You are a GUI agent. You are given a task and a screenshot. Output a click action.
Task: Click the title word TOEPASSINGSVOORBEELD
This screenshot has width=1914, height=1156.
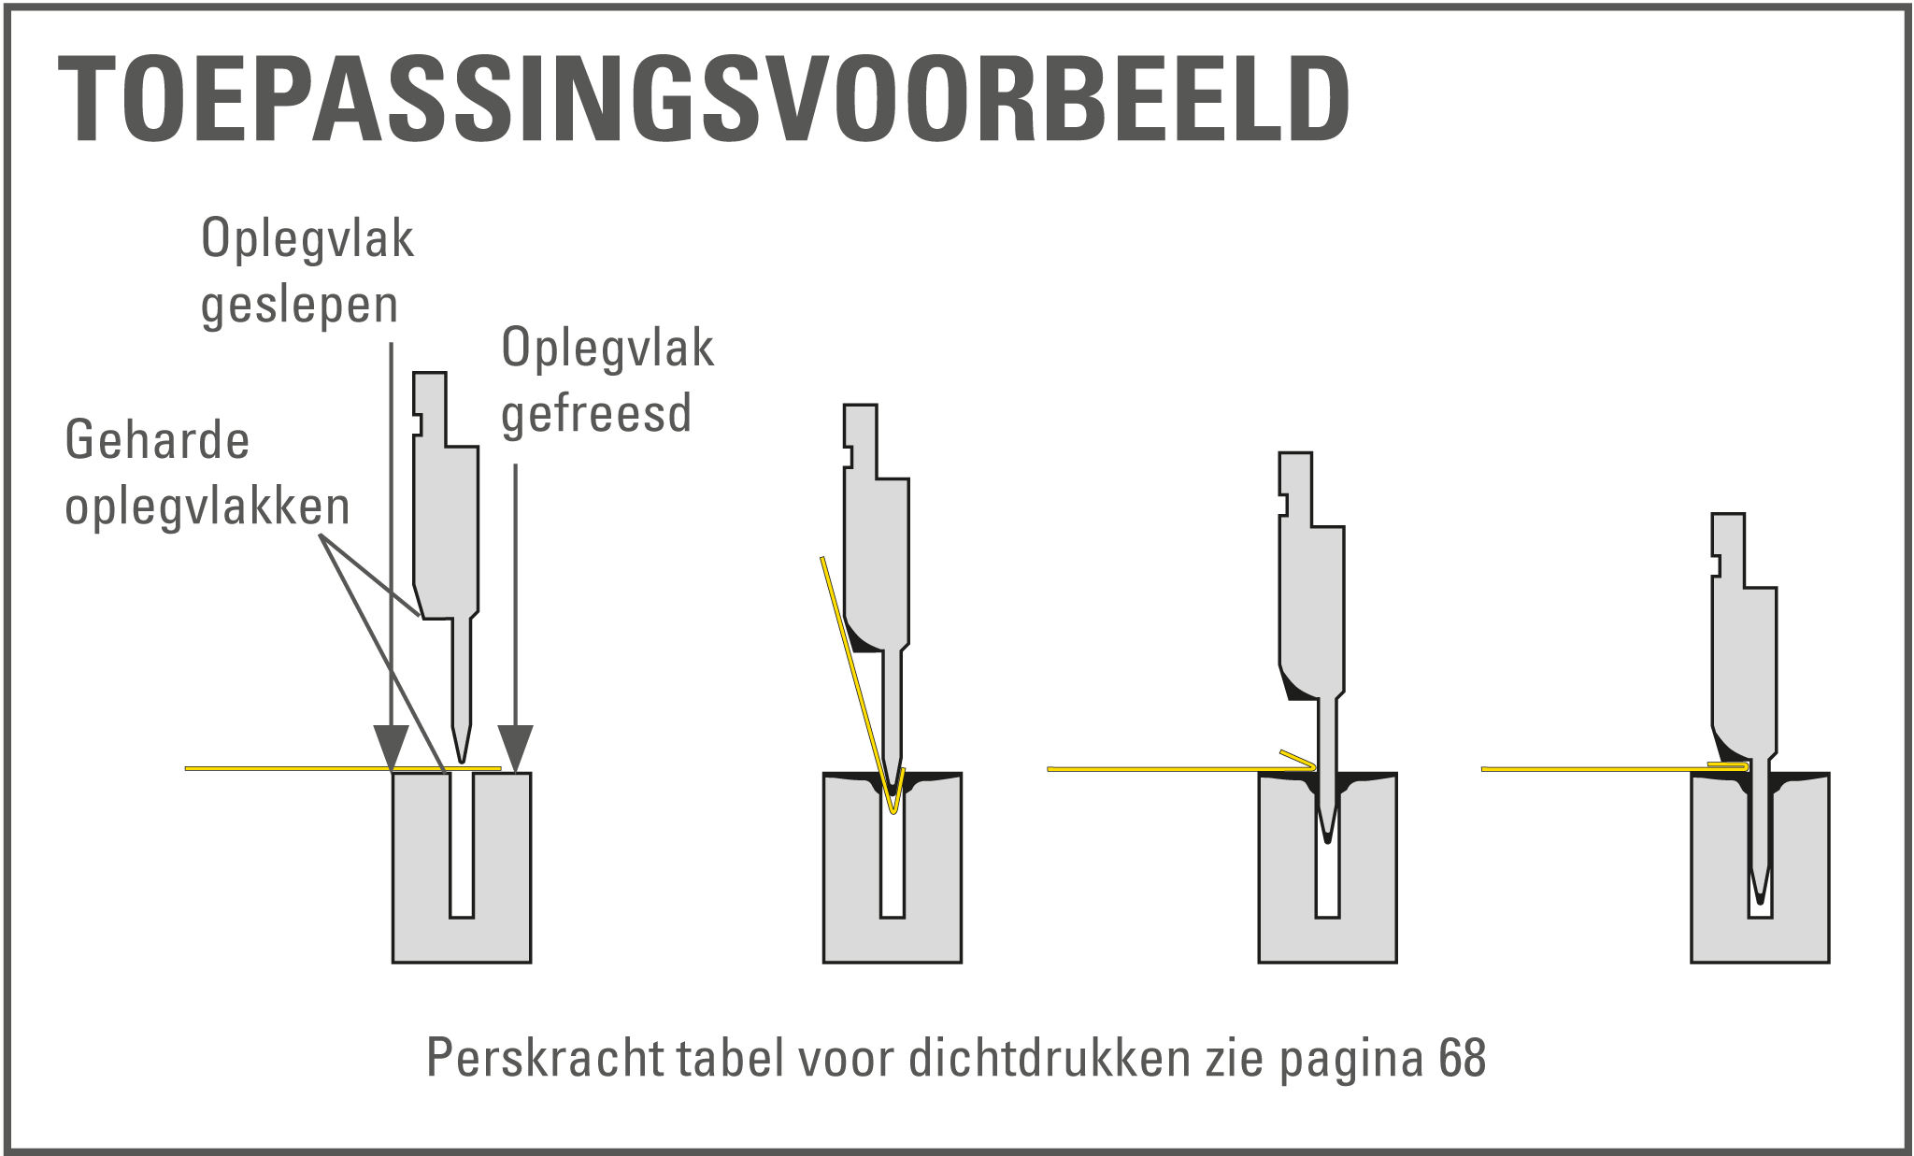[704, 98]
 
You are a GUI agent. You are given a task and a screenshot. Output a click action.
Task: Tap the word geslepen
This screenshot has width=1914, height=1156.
[300, 306]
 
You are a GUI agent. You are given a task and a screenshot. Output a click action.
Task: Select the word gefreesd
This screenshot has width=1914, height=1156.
[596, 413]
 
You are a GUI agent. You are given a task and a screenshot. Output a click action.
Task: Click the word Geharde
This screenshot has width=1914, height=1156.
[157, 440]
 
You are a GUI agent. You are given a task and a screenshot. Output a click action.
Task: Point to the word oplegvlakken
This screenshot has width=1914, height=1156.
[207, 507]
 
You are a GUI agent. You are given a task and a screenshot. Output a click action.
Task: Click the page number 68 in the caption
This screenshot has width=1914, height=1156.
[1463, 1057]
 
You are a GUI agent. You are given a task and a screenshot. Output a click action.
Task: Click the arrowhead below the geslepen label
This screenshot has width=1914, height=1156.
[391, 749]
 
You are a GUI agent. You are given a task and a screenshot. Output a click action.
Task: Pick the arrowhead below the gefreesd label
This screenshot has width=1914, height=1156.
[515, 749]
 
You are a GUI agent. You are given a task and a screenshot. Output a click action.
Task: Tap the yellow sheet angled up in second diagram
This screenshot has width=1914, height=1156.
[857, 682]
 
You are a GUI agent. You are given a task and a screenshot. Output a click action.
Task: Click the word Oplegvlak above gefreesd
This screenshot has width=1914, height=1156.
[607, 349]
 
